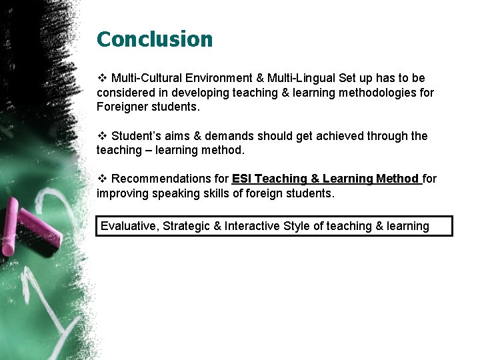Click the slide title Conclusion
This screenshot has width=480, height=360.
pos(155,39)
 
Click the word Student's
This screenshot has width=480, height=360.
pos(135,136)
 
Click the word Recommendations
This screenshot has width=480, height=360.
pos(169,179)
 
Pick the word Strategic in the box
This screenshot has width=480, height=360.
pos(186,226)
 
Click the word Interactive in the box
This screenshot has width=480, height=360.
pos(252,226)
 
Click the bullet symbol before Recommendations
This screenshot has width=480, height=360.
pos(102,179)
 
